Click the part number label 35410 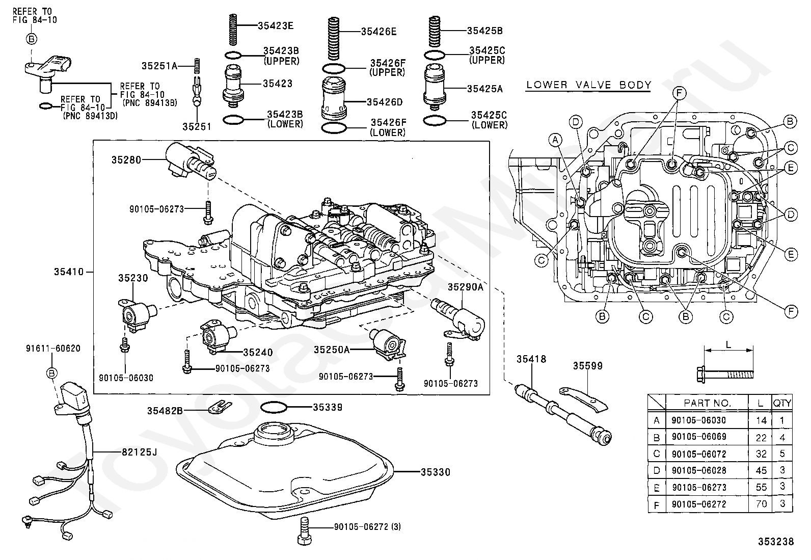69,272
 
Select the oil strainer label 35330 435,472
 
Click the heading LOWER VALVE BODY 588,85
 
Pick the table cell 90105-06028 698,470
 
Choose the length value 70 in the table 761,504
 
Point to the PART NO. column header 707,403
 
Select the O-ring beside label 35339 274,407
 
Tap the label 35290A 465,287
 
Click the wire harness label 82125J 132,451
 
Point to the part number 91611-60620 53,349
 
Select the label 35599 587,365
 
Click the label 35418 531,359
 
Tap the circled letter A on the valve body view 556,139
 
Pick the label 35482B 165,411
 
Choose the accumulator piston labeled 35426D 334,100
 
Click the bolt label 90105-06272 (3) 367,527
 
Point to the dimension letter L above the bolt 728,344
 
